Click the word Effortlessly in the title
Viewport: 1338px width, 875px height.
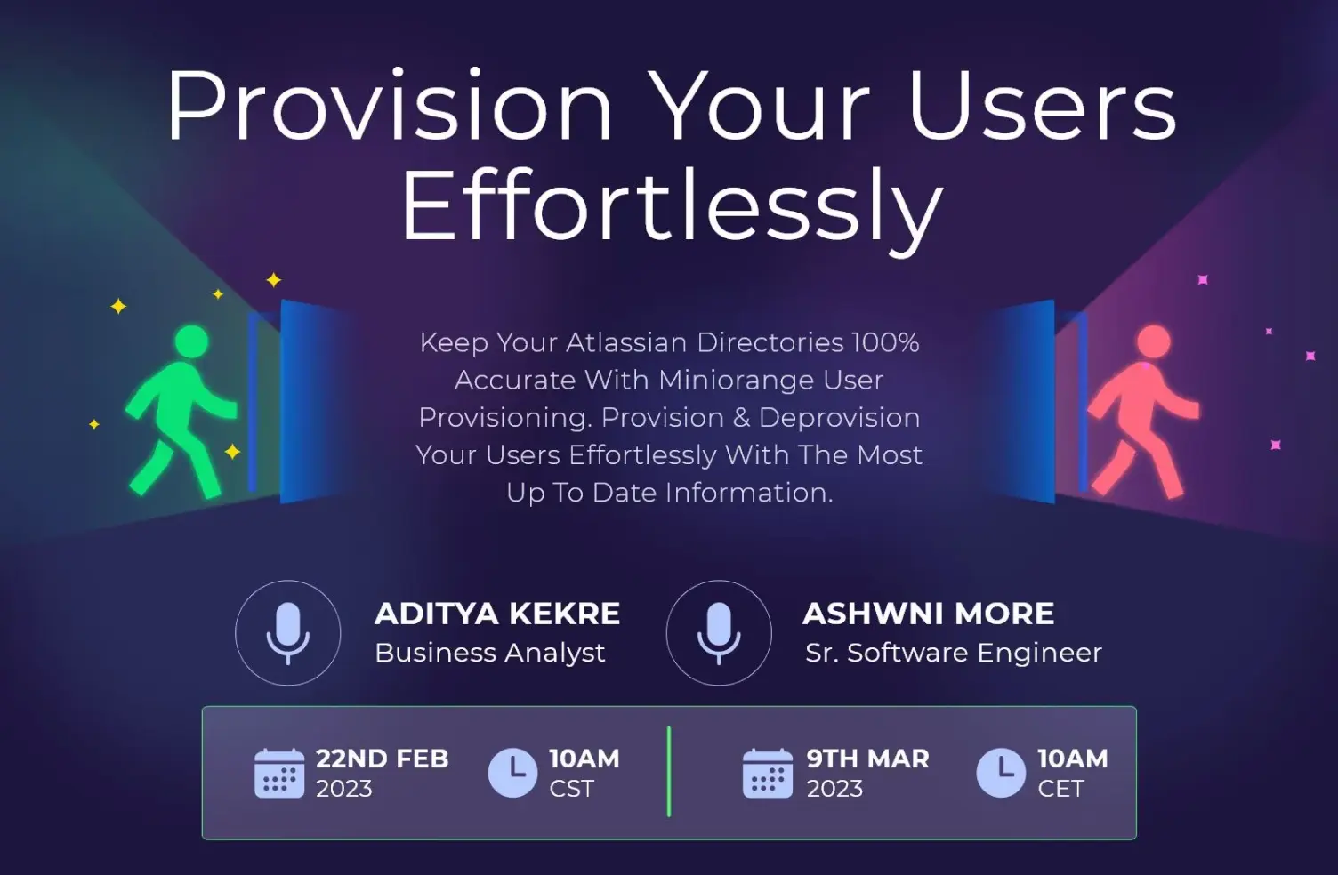(672, 206)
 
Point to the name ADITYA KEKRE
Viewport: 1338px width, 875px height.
(497, 614)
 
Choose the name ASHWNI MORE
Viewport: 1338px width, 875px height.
(928, 614)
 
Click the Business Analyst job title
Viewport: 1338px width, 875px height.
(489, 653)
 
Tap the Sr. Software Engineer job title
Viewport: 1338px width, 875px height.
(953, 653)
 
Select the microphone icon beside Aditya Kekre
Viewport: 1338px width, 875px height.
(287, 632)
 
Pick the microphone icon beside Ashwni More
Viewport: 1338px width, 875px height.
(719, 632)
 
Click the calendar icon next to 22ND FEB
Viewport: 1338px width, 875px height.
(279, 773)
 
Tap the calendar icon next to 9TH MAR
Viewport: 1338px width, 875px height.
(767, 773)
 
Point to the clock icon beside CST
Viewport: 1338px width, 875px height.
(513, 773)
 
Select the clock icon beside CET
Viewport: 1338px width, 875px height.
(1001, 773)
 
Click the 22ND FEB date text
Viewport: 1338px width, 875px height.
(382, 759)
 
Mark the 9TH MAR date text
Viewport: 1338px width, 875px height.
(867, 759)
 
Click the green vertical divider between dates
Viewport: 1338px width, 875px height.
(669, 771)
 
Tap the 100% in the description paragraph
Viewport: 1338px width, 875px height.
(884, 342)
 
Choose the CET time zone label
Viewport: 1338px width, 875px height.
(1060, 789)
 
